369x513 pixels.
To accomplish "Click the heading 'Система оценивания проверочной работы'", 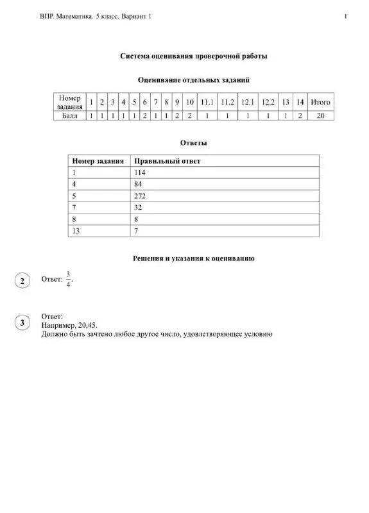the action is click(194, 56).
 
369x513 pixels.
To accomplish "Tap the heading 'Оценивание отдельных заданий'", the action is click(194, 80).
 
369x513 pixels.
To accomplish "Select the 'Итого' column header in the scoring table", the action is click(320, 102).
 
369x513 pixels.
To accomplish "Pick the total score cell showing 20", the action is click(320, 116).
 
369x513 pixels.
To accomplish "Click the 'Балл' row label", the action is click(69, 116).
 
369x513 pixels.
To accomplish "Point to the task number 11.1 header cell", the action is click(207, 102).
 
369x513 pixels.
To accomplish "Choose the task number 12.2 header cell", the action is click(268, 102).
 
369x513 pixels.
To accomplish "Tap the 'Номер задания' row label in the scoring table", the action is click(69, 102).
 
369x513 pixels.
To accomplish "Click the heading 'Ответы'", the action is click(194, 142).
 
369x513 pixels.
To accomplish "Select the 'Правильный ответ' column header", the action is click(167, 161).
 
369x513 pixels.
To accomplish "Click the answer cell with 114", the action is click(141, 172).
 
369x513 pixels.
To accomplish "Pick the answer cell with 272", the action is click(141, 196).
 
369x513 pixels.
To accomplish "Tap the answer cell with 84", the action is click(139, 184).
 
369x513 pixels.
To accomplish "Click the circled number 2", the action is click(22, 282).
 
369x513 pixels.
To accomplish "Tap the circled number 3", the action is click(22, 323).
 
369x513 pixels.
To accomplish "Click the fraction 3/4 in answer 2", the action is click(69, 280).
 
